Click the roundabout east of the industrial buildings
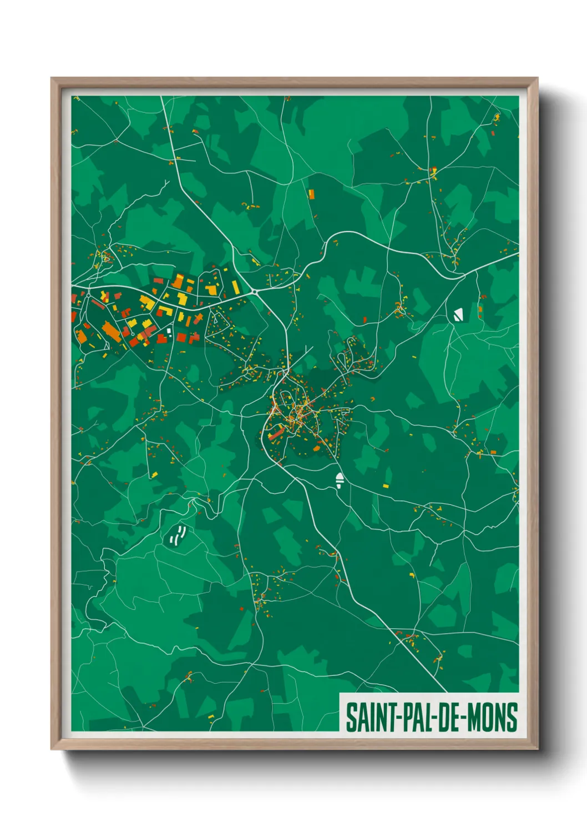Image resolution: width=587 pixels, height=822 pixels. coord(254,292)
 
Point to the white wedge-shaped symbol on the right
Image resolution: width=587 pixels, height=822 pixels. coord(458,315)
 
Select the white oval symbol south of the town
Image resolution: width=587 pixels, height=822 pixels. coord(339,480)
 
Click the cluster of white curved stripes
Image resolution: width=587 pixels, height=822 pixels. coord(177,535)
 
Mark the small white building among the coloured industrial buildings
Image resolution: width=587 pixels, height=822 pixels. coord(169,331)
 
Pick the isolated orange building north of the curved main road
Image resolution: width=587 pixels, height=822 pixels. coord(311,194)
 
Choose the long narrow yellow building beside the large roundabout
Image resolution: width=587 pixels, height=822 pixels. coord(235,287)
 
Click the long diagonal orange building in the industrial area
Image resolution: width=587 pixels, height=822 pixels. coord(112,333)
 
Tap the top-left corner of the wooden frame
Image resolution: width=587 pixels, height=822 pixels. coord(52,79)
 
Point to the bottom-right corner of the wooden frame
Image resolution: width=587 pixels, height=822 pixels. coord(537,749)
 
